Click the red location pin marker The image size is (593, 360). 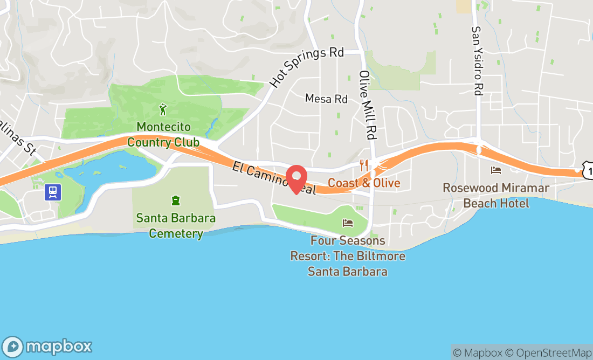pyautogui.click(x=296, y=178)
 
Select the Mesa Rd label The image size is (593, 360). pyautogui.click(x=326, y=99)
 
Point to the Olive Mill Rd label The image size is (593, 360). pyautogui.click(x=367, y=106)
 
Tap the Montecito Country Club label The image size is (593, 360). pyautogui.click(x=163, y=135)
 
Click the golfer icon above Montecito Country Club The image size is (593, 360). pyautogui.click(x=163, y=110)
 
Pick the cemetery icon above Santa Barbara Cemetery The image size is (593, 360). pyautogui.click(x=176, y=201)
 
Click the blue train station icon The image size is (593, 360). pyautogui.click(x=53, y=191)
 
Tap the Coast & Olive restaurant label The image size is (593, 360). pyautogui.click(x=364, y=183)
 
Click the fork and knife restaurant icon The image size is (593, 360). pyautogui.click(x=364, y=165)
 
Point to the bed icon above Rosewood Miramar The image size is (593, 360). pyautogui.click(x=496, y=170)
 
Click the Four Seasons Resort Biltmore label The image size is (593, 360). pyautogui.click(x=348, y=256)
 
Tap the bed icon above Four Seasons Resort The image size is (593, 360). pyautogui.click(x=348, y=223)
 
